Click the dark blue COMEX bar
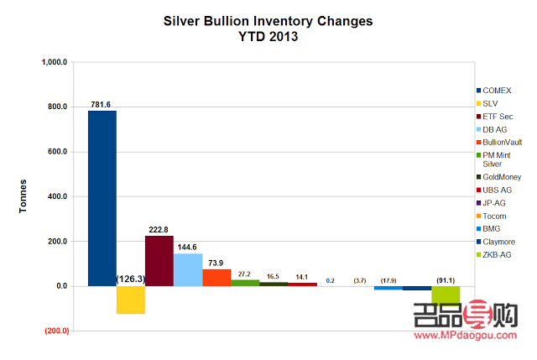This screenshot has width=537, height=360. coord(102,198)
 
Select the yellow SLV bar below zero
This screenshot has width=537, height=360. coord(131,300)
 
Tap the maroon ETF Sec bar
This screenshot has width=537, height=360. coord(159,261)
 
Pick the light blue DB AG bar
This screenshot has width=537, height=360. coord(188,270)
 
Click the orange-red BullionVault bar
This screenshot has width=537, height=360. coord(216,278)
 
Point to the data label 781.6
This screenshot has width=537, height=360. coord(101,104)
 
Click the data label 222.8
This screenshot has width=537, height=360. coord(159,229)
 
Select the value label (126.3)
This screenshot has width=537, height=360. coord(131,279)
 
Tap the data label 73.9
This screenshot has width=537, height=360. coord(216,263)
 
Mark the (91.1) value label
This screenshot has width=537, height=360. coord(446,280)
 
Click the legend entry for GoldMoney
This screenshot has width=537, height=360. coord(499,177)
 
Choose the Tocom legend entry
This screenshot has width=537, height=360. coord(492,217)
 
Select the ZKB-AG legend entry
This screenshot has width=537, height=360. coord(494,255)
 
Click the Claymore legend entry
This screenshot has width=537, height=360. coord(496,242)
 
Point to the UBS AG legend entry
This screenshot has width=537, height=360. coord(494,190)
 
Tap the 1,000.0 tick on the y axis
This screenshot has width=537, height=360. coord(54,62)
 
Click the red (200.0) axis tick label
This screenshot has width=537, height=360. coord(57,331)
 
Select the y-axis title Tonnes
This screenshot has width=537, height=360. coord(23,196)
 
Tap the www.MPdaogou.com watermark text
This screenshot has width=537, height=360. coord(466,336)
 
